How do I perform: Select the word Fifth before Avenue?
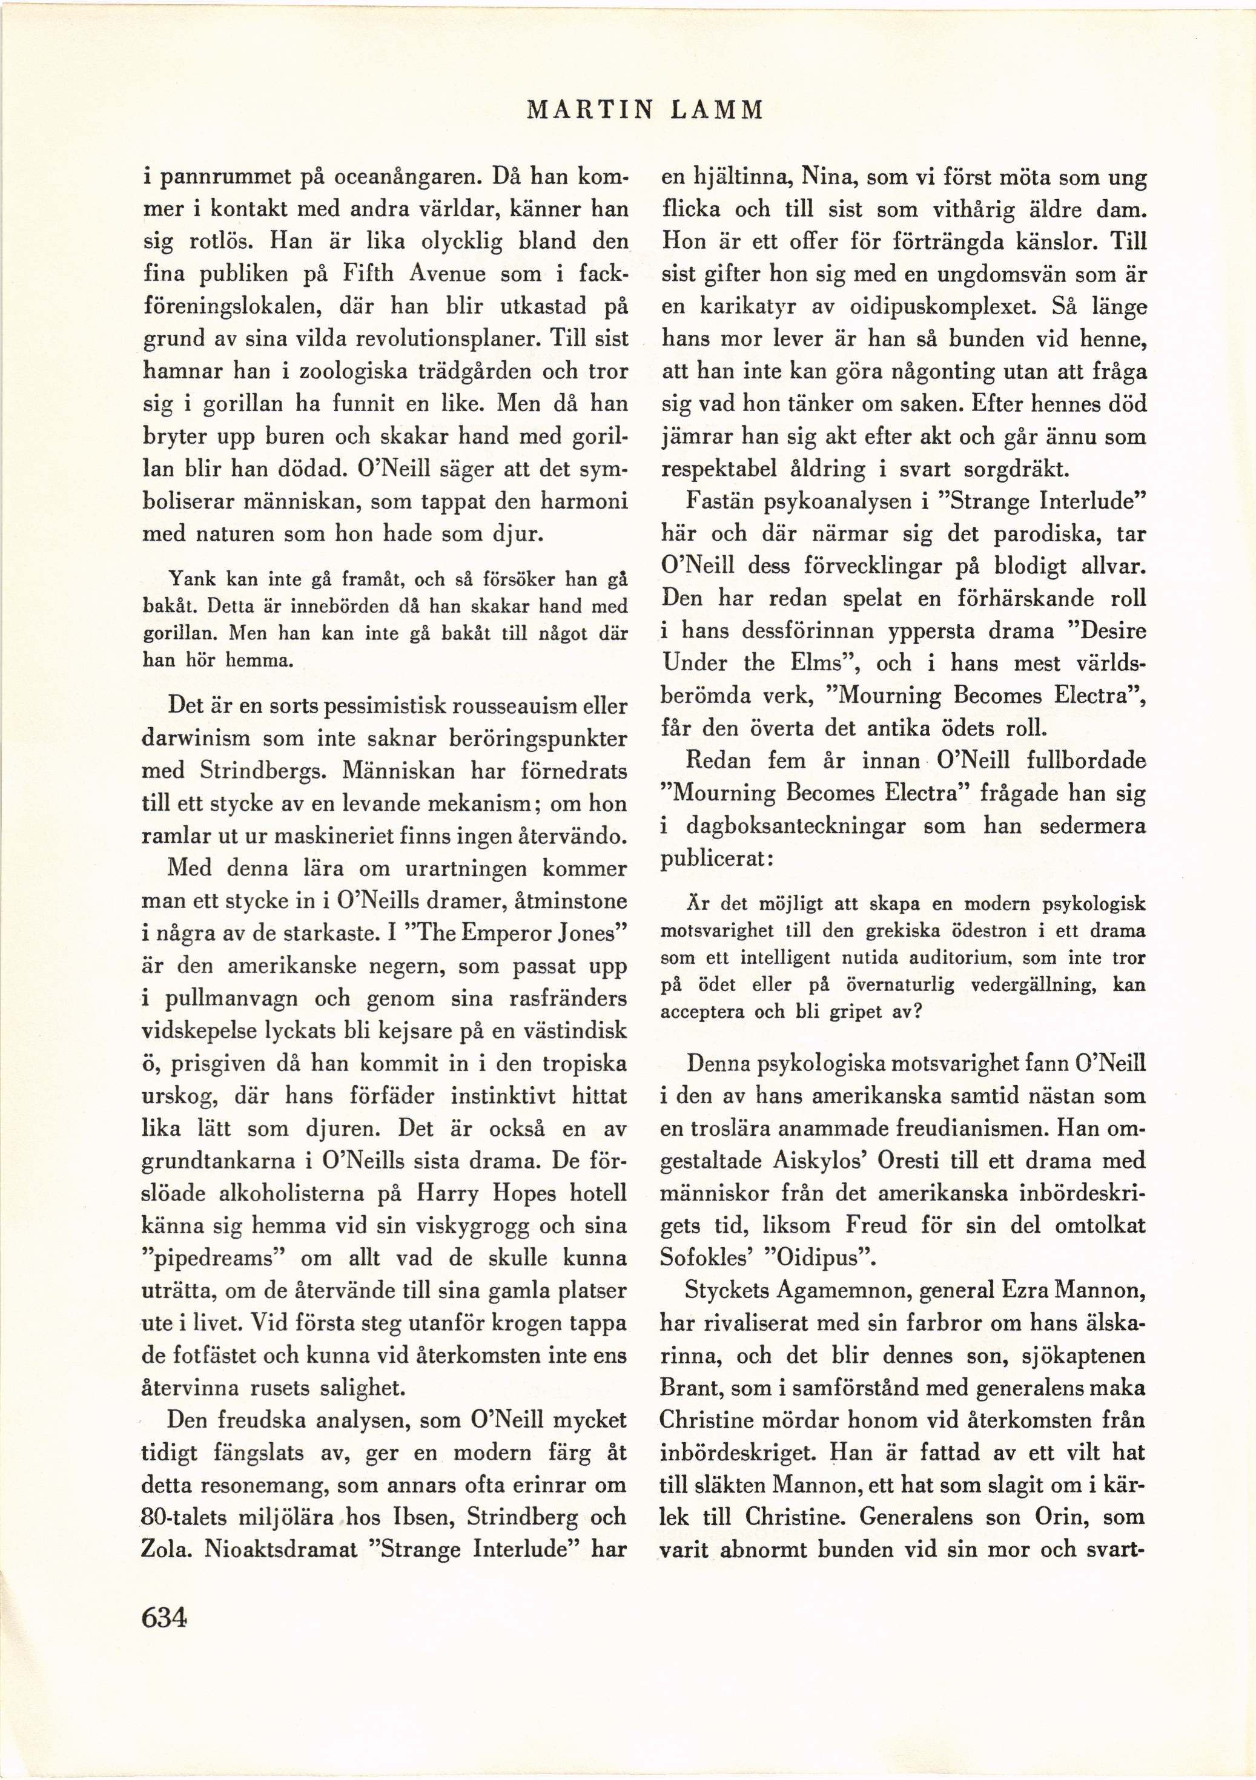[x=369, y=274]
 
